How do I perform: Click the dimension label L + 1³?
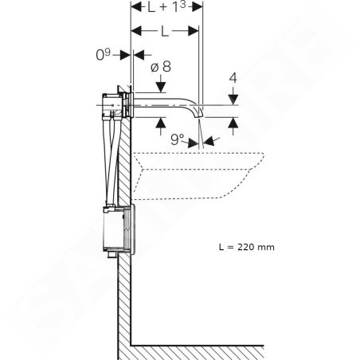(166, 7)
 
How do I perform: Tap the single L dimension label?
(165, 32)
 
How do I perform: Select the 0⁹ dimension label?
(103, 55)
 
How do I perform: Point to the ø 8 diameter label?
(161, 67)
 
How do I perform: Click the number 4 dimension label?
(233, 78)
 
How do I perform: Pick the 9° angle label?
(177, 139)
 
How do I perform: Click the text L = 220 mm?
(247, 247)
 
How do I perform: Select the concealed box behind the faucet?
(112, 105)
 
